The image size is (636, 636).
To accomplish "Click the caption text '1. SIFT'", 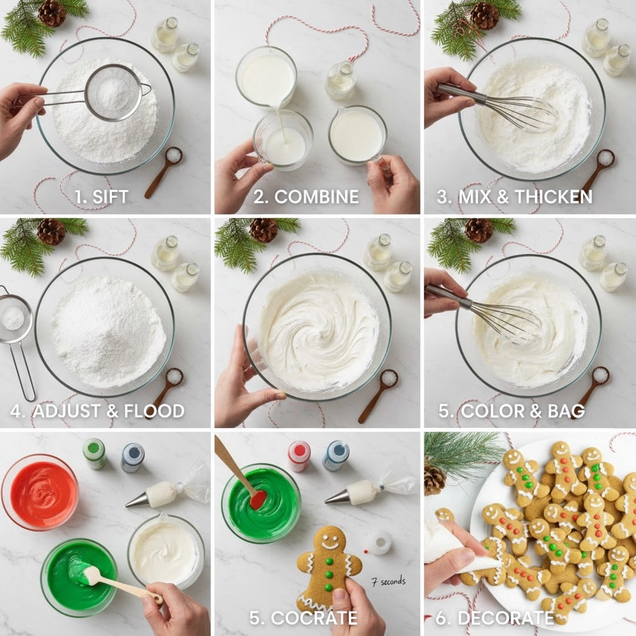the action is point(102,197).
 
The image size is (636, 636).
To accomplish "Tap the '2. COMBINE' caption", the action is point(306,197).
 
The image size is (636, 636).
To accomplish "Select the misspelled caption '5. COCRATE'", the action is point(303,618).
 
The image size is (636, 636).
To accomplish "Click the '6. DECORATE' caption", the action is point(494,618).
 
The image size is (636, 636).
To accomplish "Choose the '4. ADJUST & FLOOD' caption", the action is point(98,411).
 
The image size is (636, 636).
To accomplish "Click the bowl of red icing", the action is point(40,492).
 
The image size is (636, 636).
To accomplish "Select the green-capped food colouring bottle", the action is point(94,453).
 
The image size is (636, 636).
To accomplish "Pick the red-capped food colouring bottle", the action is point(299,455).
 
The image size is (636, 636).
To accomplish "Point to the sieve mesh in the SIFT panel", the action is point(113,93).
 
